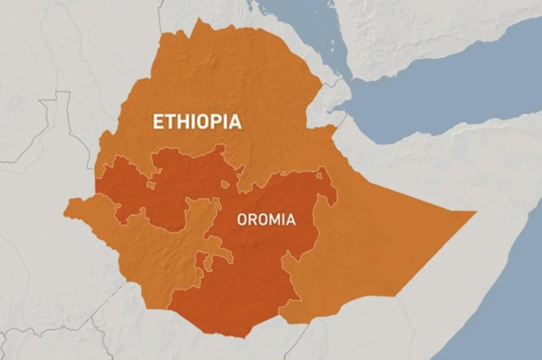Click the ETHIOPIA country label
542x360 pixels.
point(196,121)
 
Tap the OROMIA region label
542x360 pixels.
point(266,219)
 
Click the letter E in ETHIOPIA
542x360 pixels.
point(157,121)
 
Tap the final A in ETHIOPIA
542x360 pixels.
point(235,121)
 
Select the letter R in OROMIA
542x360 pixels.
point(253,219)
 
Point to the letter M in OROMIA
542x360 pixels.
point(275,219)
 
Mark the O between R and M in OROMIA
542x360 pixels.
point(263,219)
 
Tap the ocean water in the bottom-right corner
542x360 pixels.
point(513,318)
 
